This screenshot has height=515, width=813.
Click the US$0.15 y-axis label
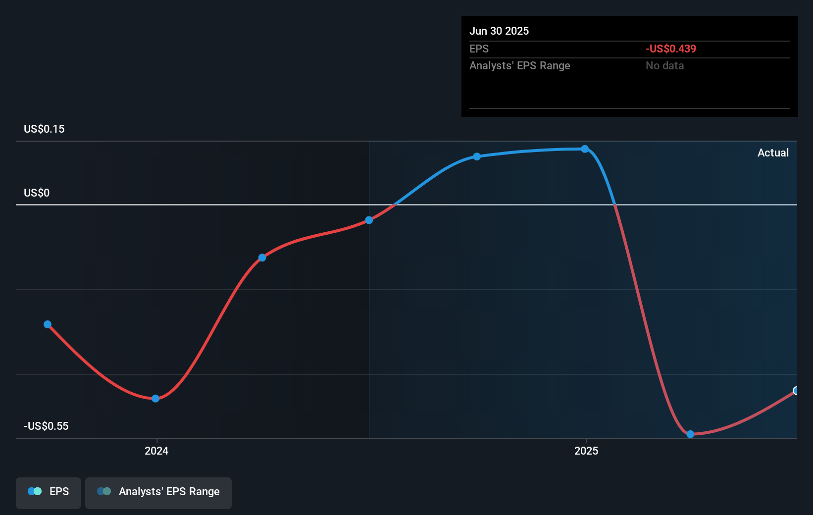click(x=44, y=129)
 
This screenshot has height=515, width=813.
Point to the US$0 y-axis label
click(x=37, y=193)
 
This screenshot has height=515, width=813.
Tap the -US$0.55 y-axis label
click(x=46, y=426)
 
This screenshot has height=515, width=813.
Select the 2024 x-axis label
click(x=156, y=451)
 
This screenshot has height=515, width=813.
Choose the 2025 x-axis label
click(x=586, y=451)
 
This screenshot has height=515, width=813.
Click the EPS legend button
click(x=49, y=492)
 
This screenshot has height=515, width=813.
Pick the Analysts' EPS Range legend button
click(x=158, y=492)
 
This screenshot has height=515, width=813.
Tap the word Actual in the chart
click(x=773, y=153)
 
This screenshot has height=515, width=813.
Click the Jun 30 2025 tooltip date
click(x=499, y=31)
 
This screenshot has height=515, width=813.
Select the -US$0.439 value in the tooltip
click(x=671, y=49)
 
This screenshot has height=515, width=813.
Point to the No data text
click(x=664, y=66)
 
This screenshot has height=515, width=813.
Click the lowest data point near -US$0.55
click(x=690, y=434)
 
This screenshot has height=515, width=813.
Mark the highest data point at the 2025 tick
click(x=585, y=149)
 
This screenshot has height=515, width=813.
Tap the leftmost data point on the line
click(x=48, y=325)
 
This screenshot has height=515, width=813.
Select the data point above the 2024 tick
click(x=155, y=399)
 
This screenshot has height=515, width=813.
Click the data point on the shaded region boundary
click(x=369, y=220)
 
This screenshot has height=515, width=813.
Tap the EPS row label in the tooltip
click(x=479, y=49)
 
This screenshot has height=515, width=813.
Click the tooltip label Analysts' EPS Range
click(x=520, y=66)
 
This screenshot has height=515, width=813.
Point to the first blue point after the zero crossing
click(x=477, y=156)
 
